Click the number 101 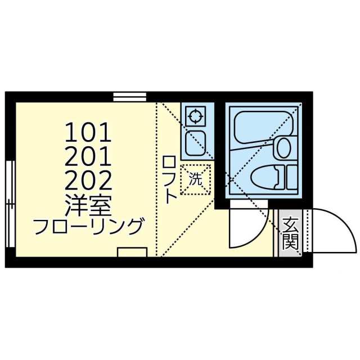(89, 133)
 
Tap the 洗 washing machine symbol (195, 180)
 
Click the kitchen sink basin (195, 143)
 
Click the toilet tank (291, 177)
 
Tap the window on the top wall (130, 97)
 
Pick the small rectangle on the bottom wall (132, 252)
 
